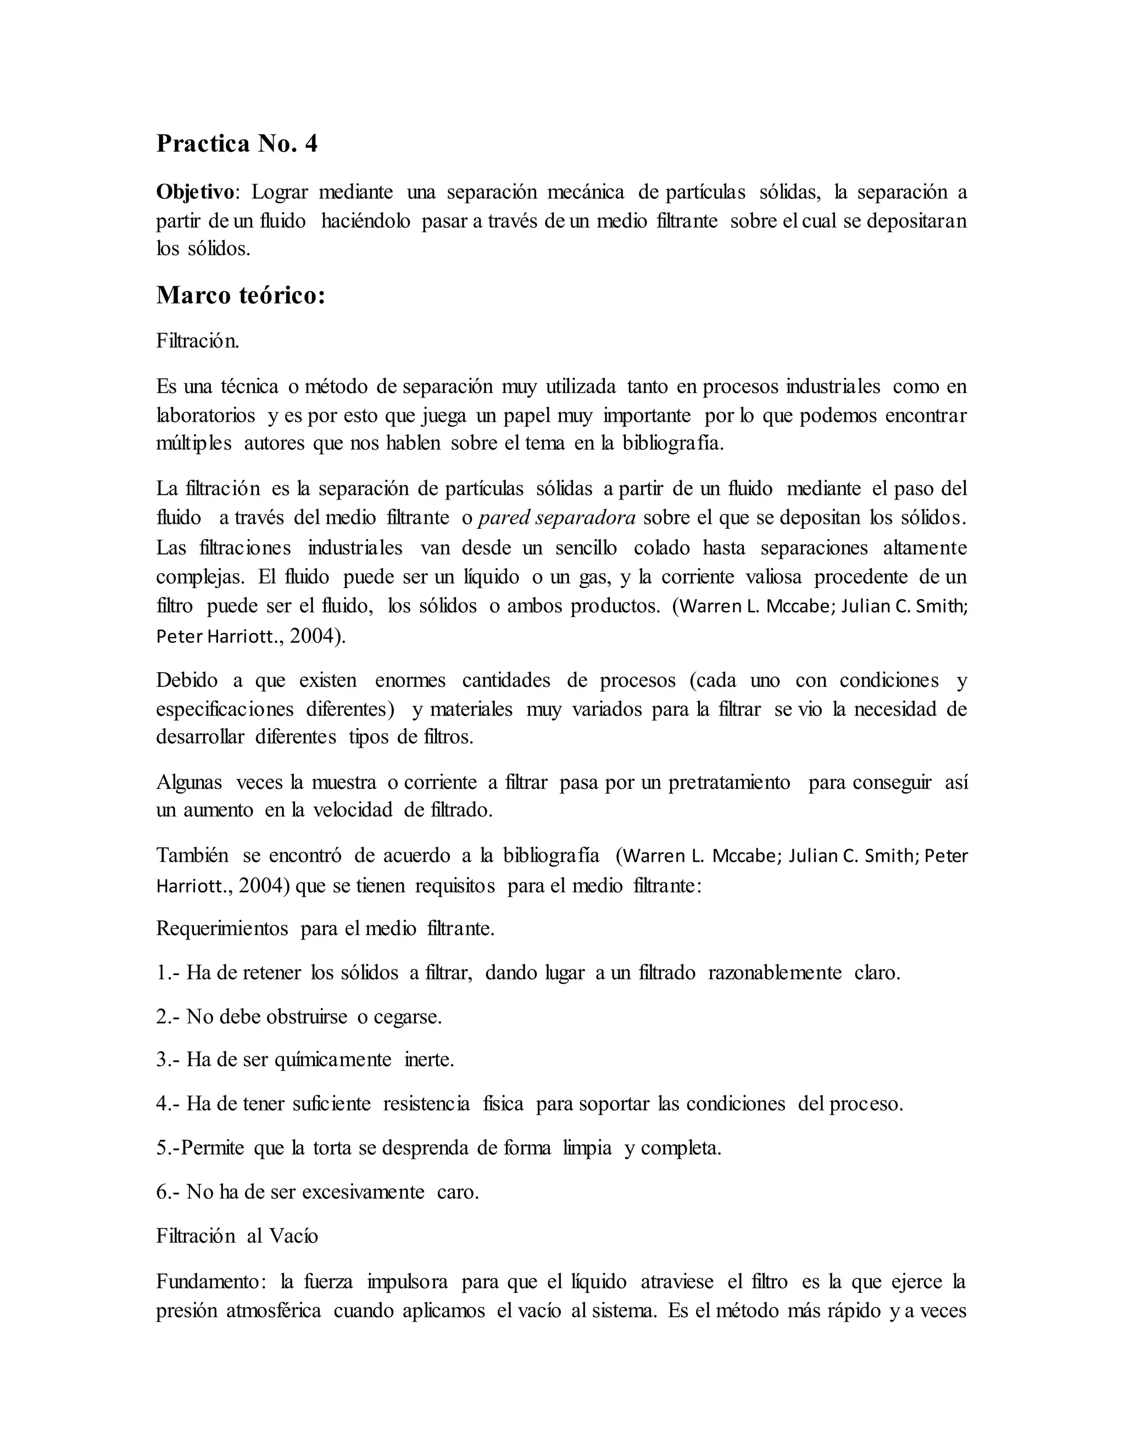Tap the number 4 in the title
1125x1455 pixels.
point(310,144)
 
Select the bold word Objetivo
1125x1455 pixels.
point(195,192)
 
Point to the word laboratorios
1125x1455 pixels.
point(205,415)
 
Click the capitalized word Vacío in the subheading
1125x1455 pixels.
point(293,1236)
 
